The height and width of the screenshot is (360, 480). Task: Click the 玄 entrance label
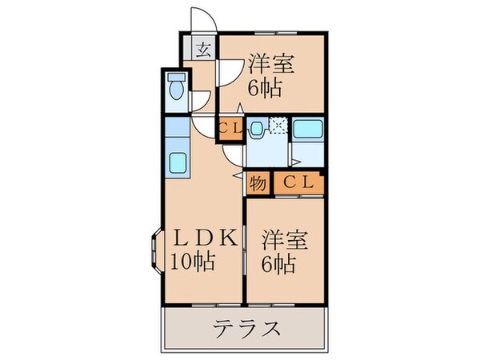[204, 50]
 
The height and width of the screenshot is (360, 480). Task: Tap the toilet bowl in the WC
[178, 86]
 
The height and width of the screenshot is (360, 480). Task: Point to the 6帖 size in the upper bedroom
[265, 88]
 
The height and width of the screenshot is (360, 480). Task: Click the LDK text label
[203, 238]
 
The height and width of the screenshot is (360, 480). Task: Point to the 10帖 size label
[192, 262]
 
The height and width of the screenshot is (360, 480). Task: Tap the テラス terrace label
[246, 329]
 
